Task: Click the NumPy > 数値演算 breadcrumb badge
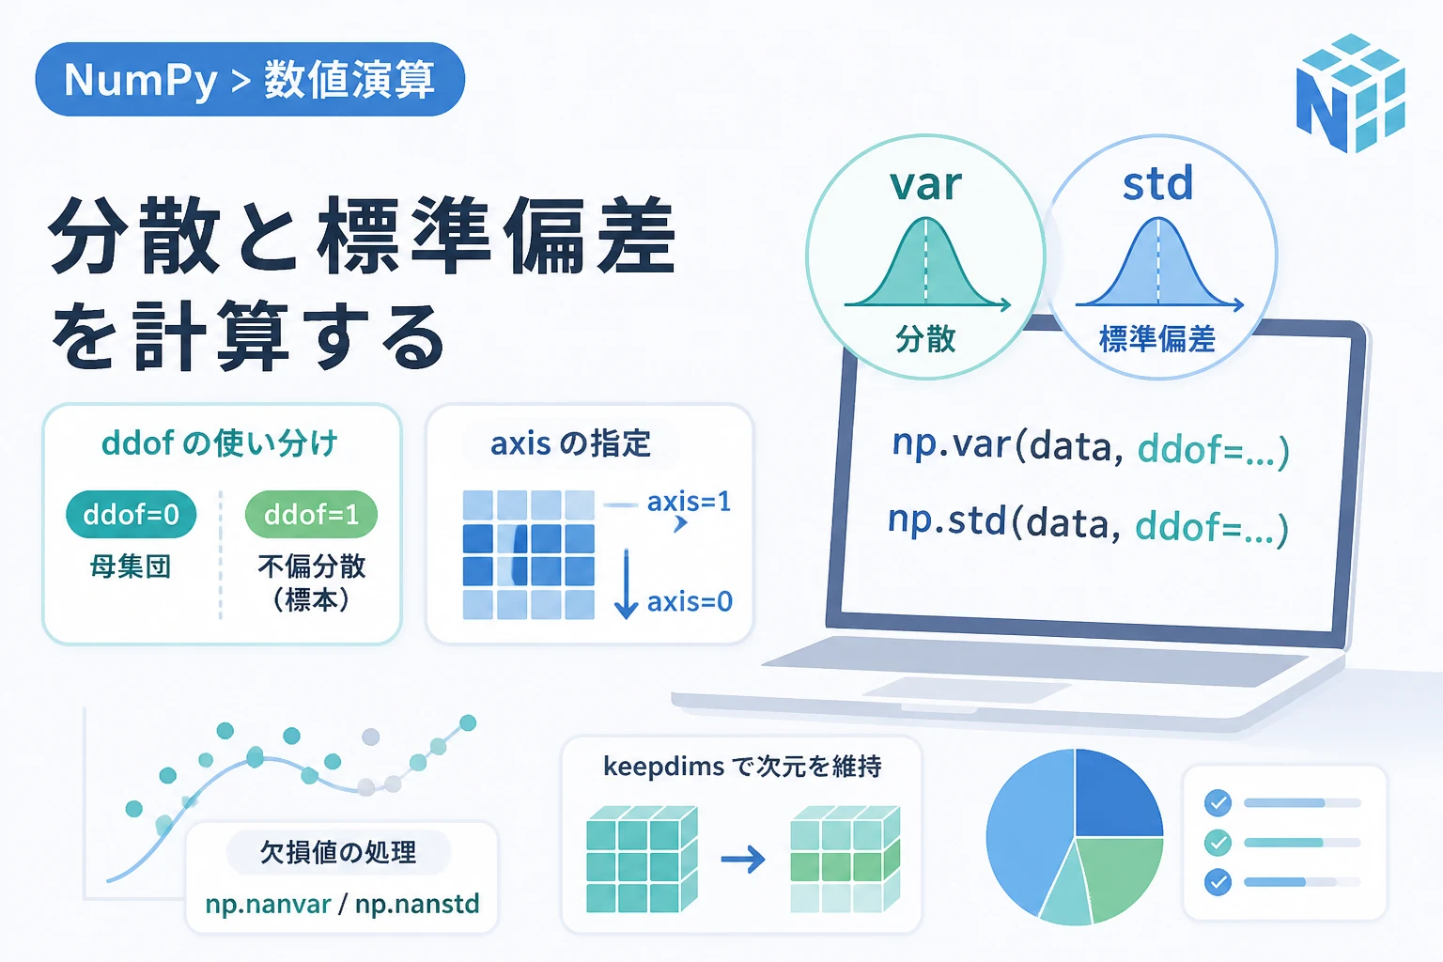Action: pyautogui.click(x=250, y=79)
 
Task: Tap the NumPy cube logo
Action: pyautogui.click(x=1350, y=93)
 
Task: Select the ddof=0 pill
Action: pyautogui.click(x=131, y=514)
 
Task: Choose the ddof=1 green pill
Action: pyautogui.click(x=311, y=514)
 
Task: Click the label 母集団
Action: pyautogui.click(x=131, y=567)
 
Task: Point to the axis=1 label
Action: pyautogui.click(x=690, y=502)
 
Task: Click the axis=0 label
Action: pyautogui.click(x=690, y=602)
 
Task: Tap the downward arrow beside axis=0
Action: pyautogui.click(x=627, y=583)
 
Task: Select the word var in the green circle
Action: pyautogui.click(x=925, y=184)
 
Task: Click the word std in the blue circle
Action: pyautogui.click(x=1157, y=183)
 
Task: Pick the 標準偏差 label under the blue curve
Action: pyautogui.click(x=1157, y=339)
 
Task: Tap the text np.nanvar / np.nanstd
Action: pyautogui.click(x=342, y=904)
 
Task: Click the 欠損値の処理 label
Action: pyautogui.click(x=338, y=852)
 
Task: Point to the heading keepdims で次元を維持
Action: pyautogui.click(x=742, y=767)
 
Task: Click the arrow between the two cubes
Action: pyautogui.click(x=743, y=860)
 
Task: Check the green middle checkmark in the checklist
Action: pyautogui.click(x=1218, y=843)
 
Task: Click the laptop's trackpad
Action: pyautogui.click(x=967, y=690)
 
